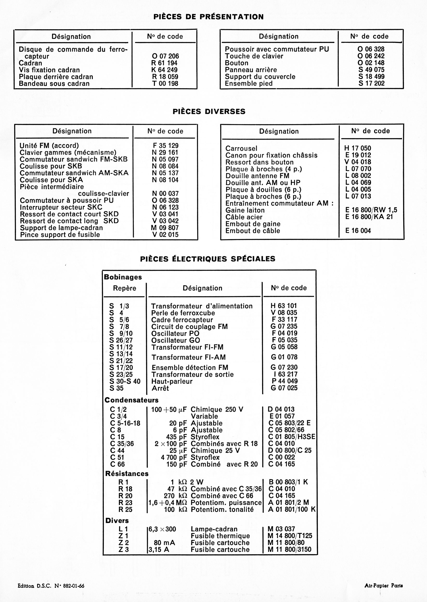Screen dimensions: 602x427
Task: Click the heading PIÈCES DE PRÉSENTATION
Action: [x=208, y=17]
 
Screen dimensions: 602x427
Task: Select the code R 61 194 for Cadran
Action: [x=165, y=63]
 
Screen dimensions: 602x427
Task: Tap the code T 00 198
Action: [x=165, y=84]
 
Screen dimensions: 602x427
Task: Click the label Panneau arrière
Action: [x=251, y=70]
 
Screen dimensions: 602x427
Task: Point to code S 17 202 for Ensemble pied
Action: [x=371, y=83]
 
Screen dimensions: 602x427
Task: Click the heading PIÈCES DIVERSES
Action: [x=209, y=111]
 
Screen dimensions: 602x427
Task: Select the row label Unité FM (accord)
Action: [x=49, y=146]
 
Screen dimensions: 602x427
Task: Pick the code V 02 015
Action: [x=165, y=235]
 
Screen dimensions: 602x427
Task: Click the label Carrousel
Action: [x=241, y=148]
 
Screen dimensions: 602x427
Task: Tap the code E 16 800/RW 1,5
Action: [x=371, y=210]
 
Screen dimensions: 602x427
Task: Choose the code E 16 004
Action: [x=358, y=231]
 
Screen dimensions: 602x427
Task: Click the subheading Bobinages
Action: [x=123, y=277]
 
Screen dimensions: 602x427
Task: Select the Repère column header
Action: [x=125, y=288]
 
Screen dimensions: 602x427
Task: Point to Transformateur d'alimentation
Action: [x=202, y=306]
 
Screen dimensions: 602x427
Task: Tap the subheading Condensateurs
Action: [x=131, y=400]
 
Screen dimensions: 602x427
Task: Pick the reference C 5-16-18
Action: [x=125, y=423]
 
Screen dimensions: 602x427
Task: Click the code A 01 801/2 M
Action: [x=288, y=503]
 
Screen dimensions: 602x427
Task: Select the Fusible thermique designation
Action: [x=220, y=536]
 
